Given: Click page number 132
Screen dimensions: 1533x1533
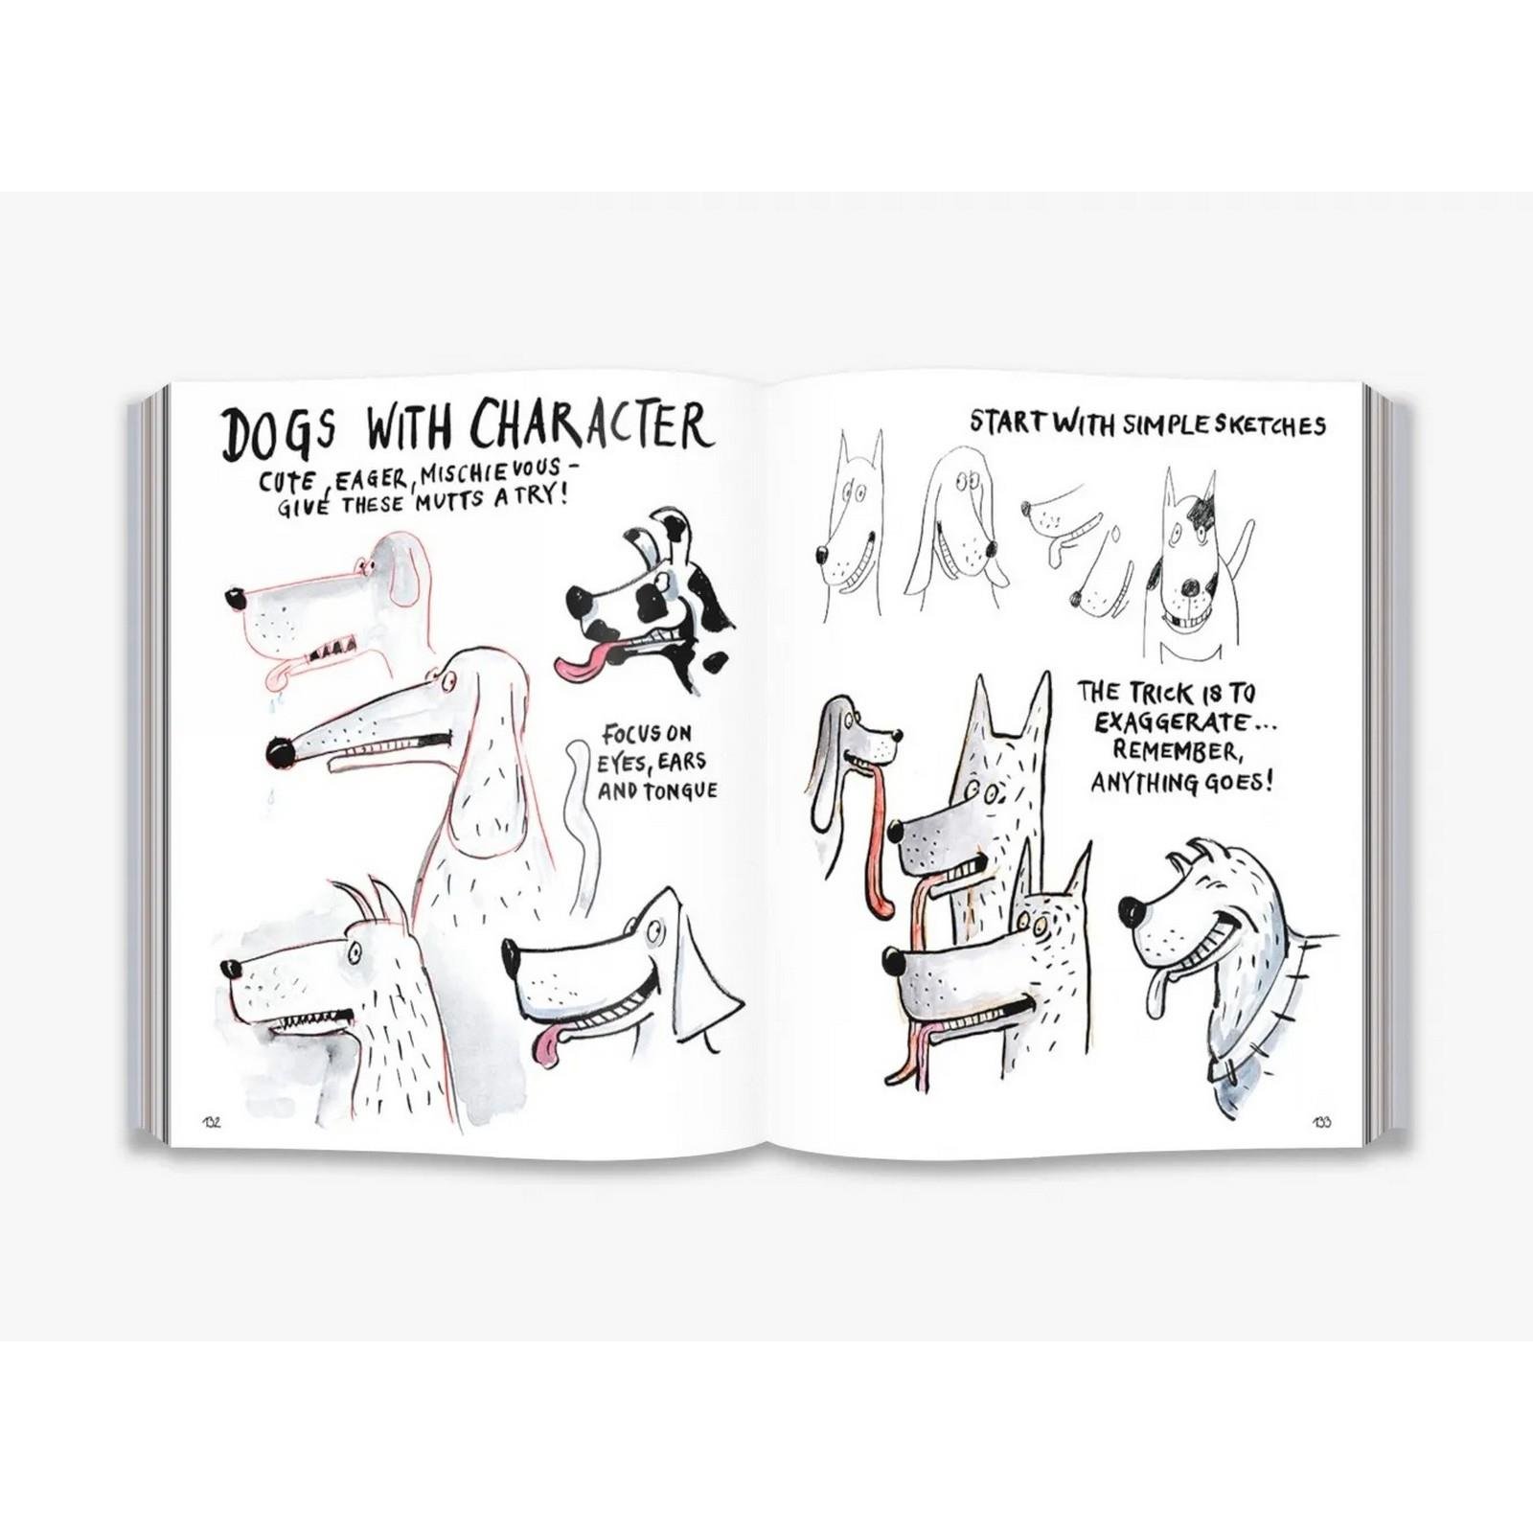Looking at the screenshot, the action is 212,1123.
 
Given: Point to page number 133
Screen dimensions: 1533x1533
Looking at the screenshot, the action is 1322,1123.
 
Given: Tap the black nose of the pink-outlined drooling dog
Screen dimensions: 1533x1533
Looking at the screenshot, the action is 234,600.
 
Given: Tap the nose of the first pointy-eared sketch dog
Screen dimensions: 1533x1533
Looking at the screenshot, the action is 823,554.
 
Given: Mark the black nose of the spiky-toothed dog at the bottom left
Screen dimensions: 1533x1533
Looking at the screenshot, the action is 230,968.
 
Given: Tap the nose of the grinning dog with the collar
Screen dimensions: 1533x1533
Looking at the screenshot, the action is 1131,907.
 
